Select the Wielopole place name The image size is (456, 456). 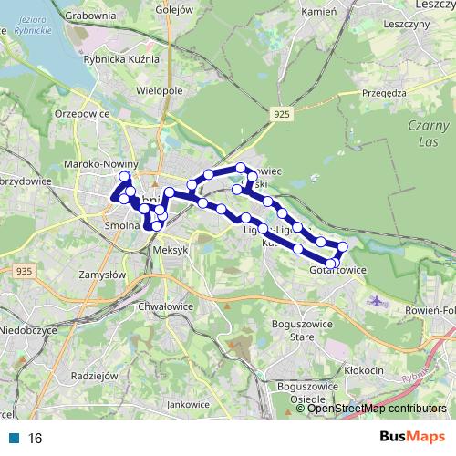point(160,91)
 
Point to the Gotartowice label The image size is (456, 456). point(337,270)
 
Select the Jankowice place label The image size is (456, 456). point(189,403)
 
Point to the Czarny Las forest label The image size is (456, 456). point(428,134)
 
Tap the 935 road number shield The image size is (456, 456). point(24,271)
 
